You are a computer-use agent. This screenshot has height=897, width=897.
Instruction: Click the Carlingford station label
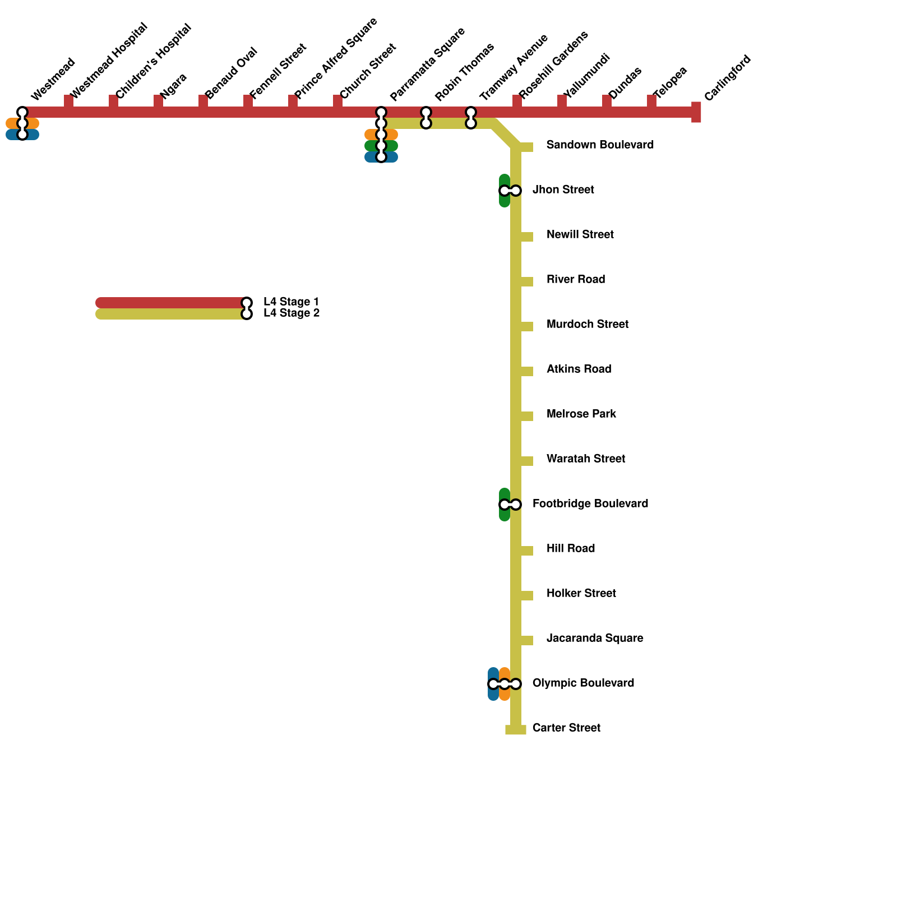click(x=727, y=78)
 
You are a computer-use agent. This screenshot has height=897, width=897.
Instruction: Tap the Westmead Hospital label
click(x=109, y=60)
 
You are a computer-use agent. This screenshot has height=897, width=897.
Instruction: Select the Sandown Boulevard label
click(x=600, y=145)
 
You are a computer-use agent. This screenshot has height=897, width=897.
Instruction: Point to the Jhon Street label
click(x=563, y=190)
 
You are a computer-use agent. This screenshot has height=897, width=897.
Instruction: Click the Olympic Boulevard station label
click(x=583, y=683)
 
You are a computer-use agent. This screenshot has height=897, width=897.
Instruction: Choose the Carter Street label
click(x=566, y=728)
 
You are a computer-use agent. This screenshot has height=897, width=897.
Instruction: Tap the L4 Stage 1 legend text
click(x=291, y=302)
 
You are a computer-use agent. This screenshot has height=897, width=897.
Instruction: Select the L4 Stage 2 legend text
click(x=292, y=313)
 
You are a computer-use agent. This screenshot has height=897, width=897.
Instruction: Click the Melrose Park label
click(x=581, y=414)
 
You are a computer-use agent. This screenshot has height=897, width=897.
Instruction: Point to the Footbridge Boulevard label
click(x=590, y=504)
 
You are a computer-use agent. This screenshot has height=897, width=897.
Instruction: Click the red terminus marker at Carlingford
click(x=696, y=112)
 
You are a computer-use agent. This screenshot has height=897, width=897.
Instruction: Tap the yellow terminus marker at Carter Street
click(x=516, y=729)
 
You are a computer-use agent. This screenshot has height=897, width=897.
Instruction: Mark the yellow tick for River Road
click(x=526, y=281)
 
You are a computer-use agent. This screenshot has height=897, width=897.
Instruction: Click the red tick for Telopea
click(x=651, y=101)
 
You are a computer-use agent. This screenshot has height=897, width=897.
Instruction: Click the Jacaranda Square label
click(x=594, y=639)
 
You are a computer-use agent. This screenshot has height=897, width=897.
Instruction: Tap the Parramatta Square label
click(x=427, y=64)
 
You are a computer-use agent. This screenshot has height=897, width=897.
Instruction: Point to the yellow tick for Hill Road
click(x=526, y=551)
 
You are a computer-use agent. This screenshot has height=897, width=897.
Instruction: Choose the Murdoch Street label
click(x=587, y=325)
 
